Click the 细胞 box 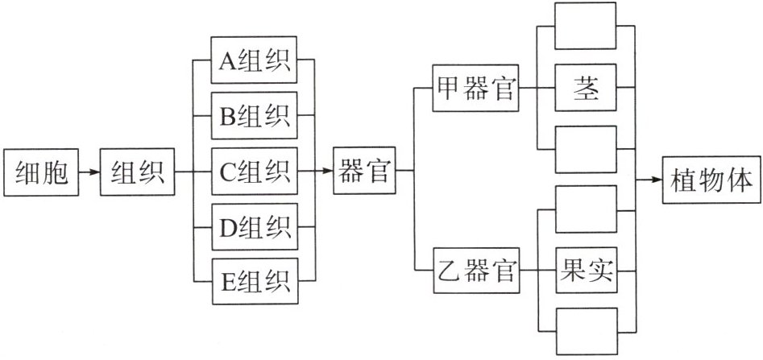pos(42,172)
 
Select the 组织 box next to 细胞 pos(137,172)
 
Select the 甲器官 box pos(475,88)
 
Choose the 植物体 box pos(711,179)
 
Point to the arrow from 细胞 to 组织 pos(90,172)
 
